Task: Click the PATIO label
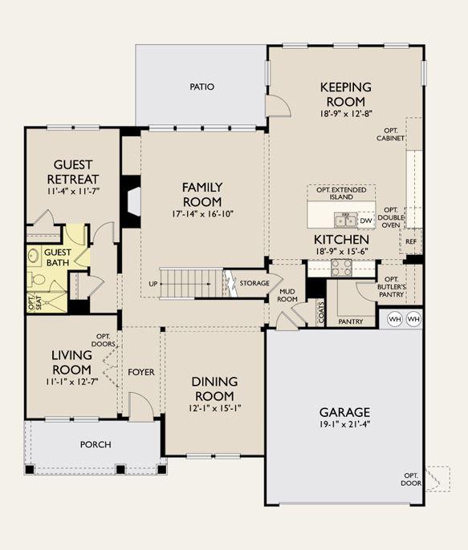click(201, 87)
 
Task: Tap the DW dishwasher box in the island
click(366, 220)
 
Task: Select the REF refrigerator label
click(411, 241)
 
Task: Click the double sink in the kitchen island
click(345, 220)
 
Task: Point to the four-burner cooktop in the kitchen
click(342, 268)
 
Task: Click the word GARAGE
click(344, 412)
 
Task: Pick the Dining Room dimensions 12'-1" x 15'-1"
click(214, 408)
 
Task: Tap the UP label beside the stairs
click(153, 284)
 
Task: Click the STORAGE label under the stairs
click(254, 283)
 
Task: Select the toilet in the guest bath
click(37, 280)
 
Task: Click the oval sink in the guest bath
click(34, 255)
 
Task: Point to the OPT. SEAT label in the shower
click(35, 302)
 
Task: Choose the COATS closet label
click(321, 313)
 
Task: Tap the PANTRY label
click(351, 322)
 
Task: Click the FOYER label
click(141, 372)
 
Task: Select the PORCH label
click(96, 444)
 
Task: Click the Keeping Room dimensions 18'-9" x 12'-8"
click(346, 114)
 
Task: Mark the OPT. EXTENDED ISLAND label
click(341, 193)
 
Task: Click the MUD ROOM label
click(288, 295)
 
